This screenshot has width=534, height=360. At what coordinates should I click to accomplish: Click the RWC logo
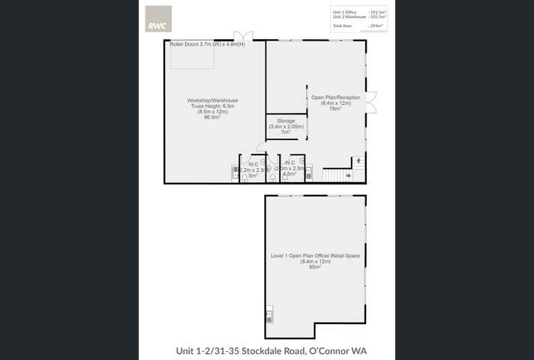coord(157,19)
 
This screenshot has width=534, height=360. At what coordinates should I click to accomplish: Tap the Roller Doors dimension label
coord(196,44)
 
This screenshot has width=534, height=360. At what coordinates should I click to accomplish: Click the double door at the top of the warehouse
coord(242,36)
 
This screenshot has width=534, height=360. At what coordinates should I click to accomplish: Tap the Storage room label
coord(286,121)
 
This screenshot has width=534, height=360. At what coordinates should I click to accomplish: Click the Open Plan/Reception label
coord(336,97)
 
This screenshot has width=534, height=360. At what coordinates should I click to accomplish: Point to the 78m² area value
coord(335,109)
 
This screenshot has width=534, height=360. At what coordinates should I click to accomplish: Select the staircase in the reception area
coord(337,175)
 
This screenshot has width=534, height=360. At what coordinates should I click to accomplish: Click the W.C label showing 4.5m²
coord(290,163)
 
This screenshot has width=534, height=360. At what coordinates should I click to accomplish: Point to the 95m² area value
coord(315,266)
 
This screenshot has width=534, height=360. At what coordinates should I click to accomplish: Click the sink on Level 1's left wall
coord(268,315)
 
